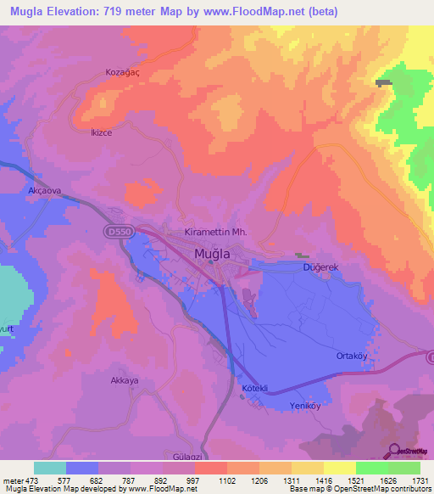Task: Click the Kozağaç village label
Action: pos(122,73)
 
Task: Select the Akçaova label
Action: pos(44,192)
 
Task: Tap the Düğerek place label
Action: pos(321,267)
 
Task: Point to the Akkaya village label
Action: pos(124,381)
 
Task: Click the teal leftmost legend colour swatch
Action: pos(50,468)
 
